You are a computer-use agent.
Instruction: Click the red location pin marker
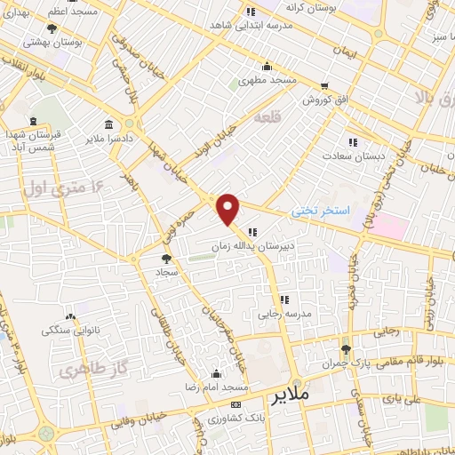(x=229, y=209)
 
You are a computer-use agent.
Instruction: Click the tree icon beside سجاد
(x=166, y=259)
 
